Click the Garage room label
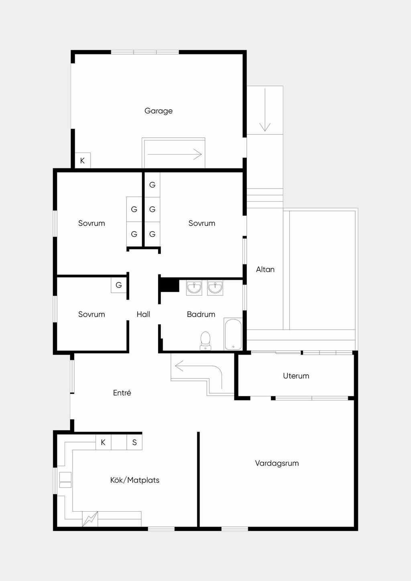[x=158, y=111]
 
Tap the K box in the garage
[x=83, y=160]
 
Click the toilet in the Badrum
[x=205, y=341]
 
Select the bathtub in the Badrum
[x=233, y=334]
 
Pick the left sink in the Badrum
[x=194, y=288]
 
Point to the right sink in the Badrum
[x=215, y=288]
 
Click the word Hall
[x=143, y=314]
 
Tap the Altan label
[x=265, y=270]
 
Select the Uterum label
[x=296, y=376]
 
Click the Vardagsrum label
[x=277, y=463]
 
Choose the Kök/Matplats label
[x=135, y=480]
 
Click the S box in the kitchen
[x=134, y=442]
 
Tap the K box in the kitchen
[x=103, y=442]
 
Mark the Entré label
[x=122, y=393]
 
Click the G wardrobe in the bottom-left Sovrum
[x=119, y=285]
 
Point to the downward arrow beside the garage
[x=265, y=110]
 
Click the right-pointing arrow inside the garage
[x=175, y=154]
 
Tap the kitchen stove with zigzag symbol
[x=90, y=519]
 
